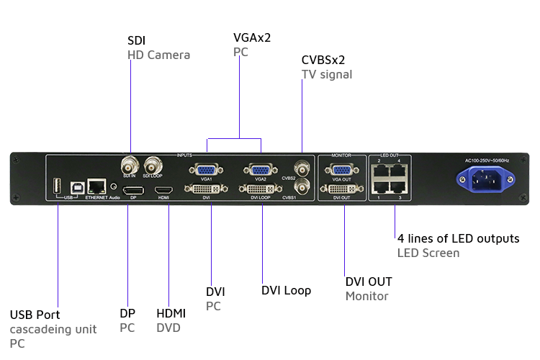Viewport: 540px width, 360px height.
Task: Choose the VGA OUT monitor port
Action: (341, 170)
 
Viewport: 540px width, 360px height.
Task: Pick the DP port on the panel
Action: (131, 190)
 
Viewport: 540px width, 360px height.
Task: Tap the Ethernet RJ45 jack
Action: (96, 186)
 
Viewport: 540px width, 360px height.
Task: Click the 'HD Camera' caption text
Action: (158, 55)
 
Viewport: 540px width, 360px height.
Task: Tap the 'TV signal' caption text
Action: (326, 74)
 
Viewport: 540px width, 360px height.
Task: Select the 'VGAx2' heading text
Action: (252, 37)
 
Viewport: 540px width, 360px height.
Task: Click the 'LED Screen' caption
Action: (428, 253)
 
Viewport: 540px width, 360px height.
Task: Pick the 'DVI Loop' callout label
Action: (286, 291)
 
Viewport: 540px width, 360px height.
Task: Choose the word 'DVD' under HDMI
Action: (168, 328)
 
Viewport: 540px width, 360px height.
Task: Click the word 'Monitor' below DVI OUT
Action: (366, 296)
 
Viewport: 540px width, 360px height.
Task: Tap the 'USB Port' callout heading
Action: (35, 315)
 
